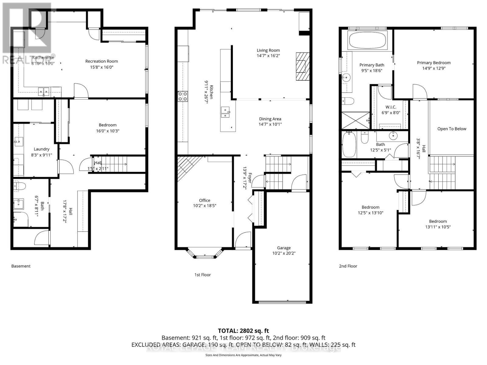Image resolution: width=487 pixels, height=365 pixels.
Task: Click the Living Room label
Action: (x=268, y=50)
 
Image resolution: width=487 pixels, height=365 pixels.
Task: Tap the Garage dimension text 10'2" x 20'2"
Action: (x=284, y=253)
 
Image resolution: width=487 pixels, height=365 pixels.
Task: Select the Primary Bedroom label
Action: (x=433, y=63)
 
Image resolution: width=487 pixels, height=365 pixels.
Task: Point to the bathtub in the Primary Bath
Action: (x=367, y=40)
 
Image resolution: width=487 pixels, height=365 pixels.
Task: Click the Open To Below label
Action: (x=451, y=129)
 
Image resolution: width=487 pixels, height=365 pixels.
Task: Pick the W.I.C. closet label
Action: (x=391, y=107)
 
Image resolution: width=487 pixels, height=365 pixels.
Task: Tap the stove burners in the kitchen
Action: (x=183, y=96)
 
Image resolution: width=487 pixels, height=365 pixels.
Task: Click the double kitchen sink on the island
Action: (x=225, y=112)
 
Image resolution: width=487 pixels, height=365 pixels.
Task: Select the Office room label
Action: (x=205, y=200)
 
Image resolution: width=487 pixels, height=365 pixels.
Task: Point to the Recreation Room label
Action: (x=101, y=61)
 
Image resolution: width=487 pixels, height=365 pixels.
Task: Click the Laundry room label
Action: (x=41, y=149)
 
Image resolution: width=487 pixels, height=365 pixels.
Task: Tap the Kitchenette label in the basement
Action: (x=43, y=57)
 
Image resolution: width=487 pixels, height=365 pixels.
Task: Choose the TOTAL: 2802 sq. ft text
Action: (x=243, y=331)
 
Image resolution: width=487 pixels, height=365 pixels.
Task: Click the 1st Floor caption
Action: (x=202, y=275)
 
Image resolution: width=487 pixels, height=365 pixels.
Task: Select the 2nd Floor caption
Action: (x=348, y=266)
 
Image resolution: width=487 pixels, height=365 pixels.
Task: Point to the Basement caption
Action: (x=21, y=266)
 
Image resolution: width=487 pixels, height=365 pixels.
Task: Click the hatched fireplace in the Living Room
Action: (x=303, y=66)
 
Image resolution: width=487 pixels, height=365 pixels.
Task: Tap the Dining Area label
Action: (x=270, y=119)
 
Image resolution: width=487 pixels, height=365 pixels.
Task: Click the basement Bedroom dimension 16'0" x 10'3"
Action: (x=107, y=131)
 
